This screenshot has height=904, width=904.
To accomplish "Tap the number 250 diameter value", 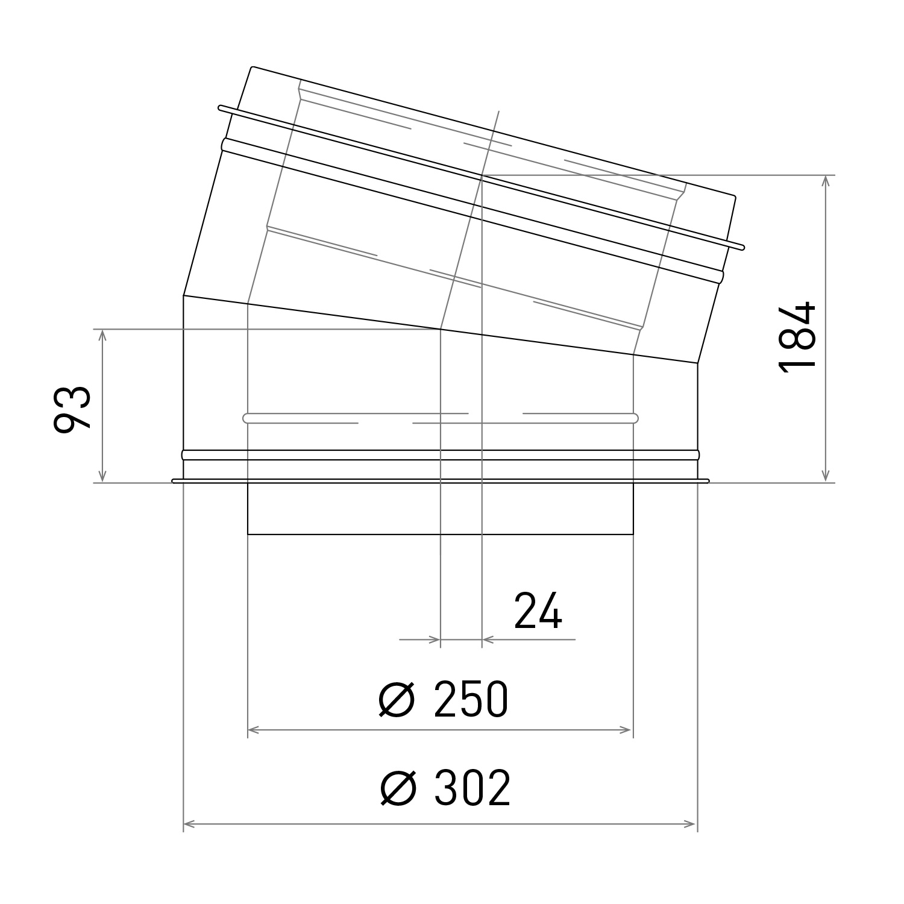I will (471, 700).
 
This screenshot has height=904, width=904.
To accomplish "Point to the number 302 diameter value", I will (472, 788).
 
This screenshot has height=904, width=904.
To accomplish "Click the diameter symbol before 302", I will (398, 788).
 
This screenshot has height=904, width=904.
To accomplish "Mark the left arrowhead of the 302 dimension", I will (189, 823).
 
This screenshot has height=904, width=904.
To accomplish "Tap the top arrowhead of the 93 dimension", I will (103, 334).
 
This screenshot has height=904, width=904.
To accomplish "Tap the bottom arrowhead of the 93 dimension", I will (103, 477).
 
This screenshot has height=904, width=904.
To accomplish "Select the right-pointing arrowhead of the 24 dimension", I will (435, 639).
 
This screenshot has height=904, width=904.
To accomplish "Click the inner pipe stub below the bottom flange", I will (440, 509).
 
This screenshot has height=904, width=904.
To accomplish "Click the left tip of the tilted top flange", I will (221, 108).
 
